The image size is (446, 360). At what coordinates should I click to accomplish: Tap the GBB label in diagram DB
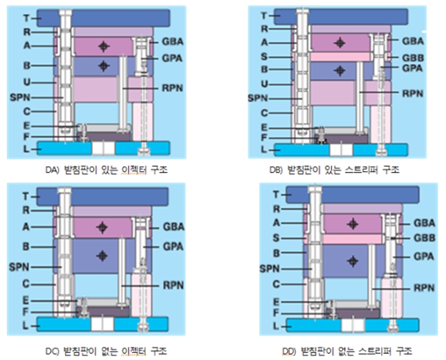click(x=412, y=56)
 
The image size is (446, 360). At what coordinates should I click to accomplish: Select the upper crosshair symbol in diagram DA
click(x=103, y=46)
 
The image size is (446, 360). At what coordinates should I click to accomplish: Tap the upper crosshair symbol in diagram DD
click(x=352, y=224)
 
